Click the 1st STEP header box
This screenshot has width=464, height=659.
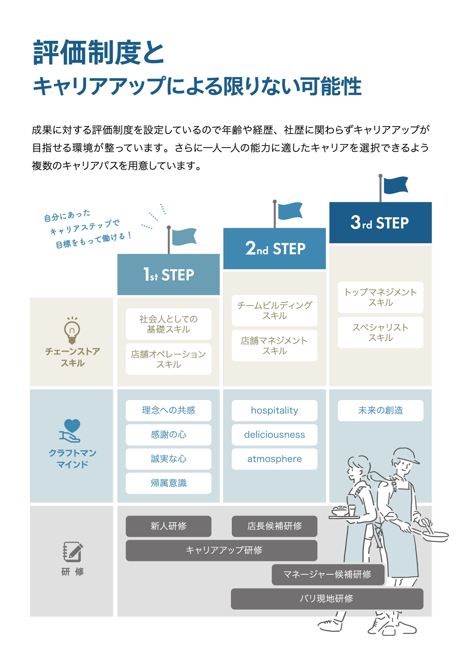(x=169, y=274)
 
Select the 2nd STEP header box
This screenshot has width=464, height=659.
(x=275, y=249)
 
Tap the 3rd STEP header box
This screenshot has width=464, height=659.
(x=380, y=223)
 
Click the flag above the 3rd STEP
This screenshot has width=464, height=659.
(x=396, y=185)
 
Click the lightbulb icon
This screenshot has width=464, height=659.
(x=72, y=330)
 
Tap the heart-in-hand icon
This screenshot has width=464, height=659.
(x=71, y=431)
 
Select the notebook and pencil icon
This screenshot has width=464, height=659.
(x=73, y=552)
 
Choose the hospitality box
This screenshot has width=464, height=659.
(x=275, y=410)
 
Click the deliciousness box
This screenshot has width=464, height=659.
(x=275, y=435)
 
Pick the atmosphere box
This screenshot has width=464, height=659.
(x=275, y=459)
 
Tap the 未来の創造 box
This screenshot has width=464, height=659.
(x=380, y=410)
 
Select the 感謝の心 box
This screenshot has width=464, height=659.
(x=169, y=435)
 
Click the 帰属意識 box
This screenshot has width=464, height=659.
(x=169, y=483)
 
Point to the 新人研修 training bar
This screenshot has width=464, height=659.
(x=169, y=526)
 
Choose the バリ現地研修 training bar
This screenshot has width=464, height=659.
(x=327, y=599)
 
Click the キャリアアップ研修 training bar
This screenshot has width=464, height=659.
(x=221, y=551)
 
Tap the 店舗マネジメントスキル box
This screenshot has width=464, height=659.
(x=275, y=346)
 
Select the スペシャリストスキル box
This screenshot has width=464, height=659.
(x=380, y=332)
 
